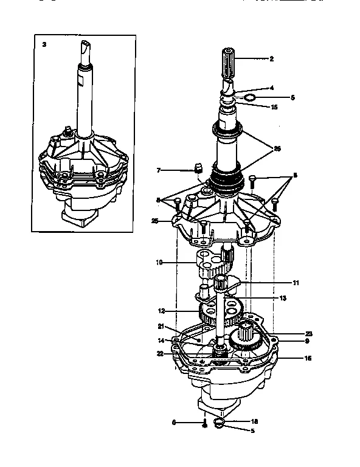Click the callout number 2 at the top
coord(271,59)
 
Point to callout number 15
coord(274,107)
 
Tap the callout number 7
coord(159,170)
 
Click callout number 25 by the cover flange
coord(156,221)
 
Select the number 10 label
coord(159,263)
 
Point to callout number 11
coord(296,283)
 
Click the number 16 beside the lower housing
coord(307,359)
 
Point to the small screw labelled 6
coord(204,424)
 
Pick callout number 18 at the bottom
coord(254,421)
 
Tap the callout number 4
coord(271,88)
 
